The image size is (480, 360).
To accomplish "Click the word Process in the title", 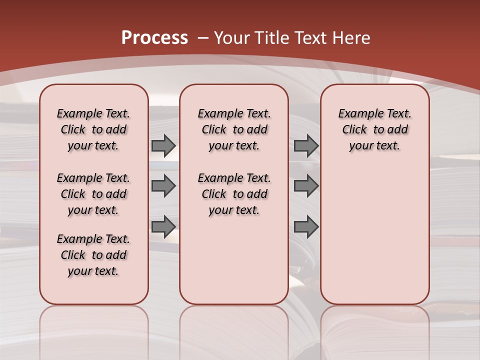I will (154, 38).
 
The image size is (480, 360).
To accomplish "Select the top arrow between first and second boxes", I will (163, 146).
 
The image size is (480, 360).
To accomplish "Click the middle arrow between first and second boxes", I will (163, 186).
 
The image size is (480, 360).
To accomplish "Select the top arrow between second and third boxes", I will (306, 146).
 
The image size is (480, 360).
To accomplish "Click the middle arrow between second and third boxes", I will (306, 186).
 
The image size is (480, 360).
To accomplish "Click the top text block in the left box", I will (93, 129).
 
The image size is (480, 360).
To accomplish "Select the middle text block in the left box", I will (93, 194).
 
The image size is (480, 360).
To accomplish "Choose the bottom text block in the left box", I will (93, 255).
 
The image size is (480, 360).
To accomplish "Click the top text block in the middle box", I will (234, 129).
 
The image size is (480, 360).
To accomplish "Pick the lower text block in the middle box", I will (234, 194).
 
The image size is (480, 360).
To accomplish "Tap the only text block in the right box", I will (374, 129).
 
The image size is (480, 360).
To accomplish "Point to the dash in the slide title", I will (203, 38).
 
